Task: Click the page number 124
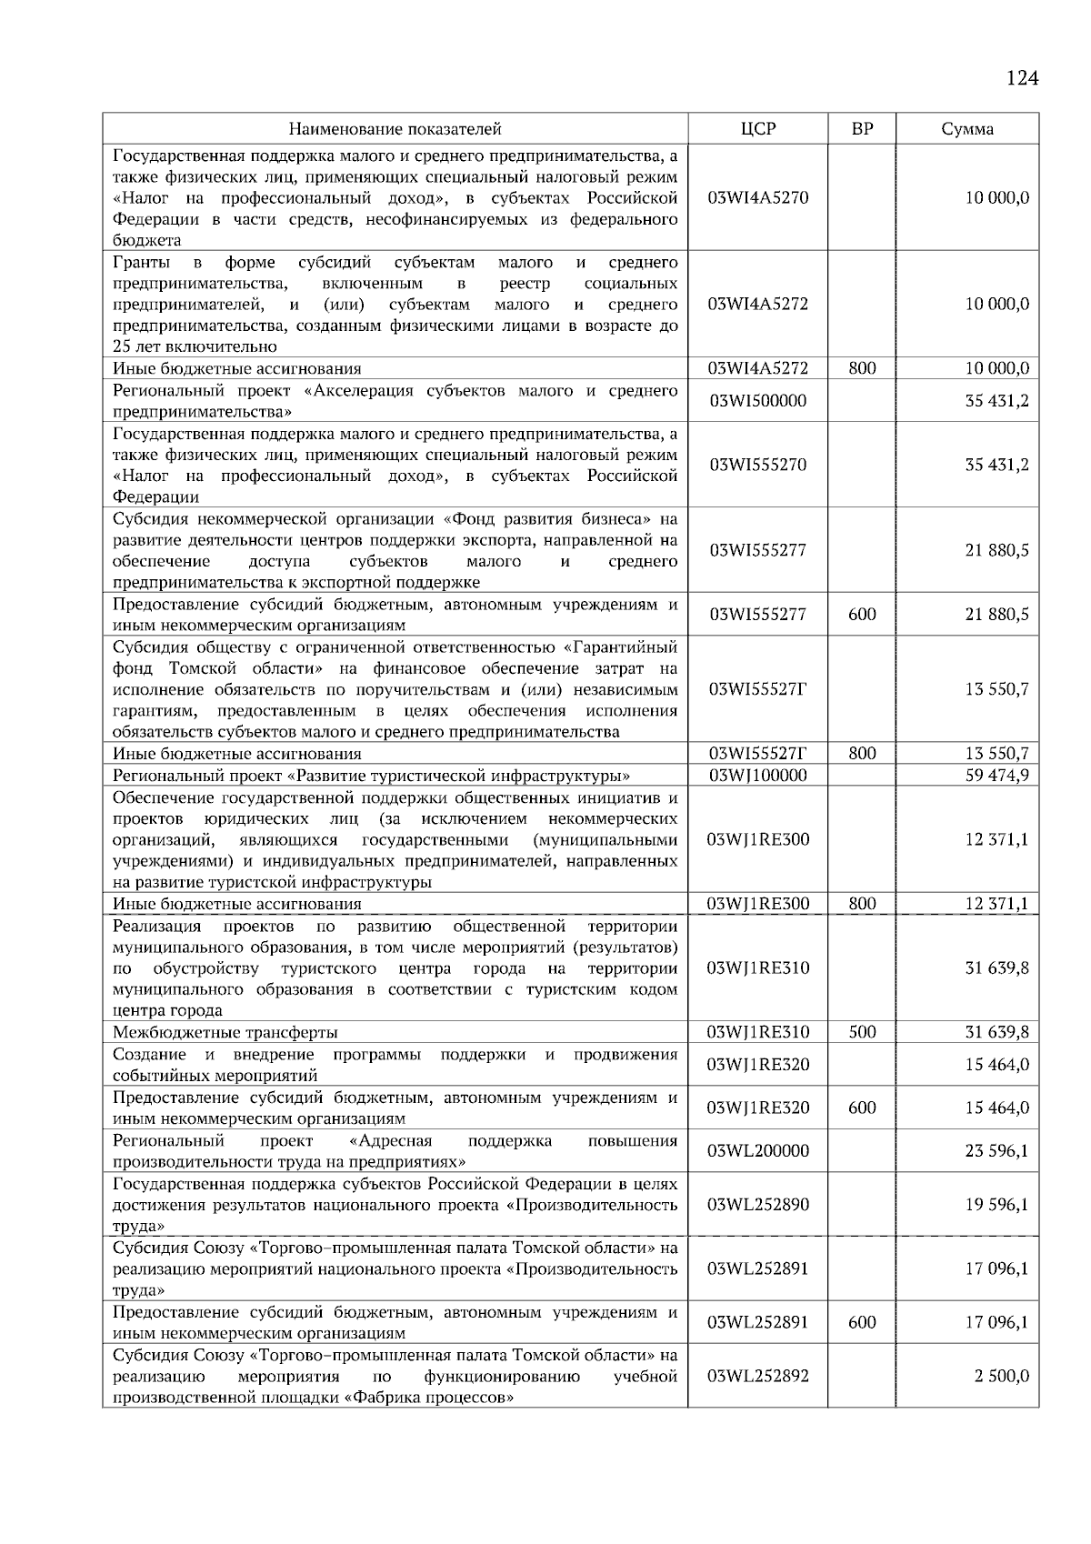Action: (1022, 78)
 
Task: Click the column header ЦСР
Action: (758, 129)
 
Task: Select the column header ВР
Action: (862, 129)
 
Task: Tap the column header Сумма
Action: (967, 129)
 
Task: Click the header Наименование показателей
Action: (395, 129)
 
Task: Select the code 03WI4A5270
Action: (758, 198)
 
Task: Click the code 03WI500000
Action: (758, 401)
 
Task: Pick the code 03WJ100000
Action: (758, 776)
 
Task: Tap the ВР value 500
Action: (862, 1032)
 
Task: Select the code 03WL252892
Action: (758, 1376)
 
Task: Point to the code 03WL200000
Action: (758, 1150)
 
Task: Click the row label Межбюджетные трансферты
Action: (225, 1032)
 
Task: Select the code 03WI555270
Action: (758, 465)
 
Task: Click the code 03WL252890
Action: (758, 1204)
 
